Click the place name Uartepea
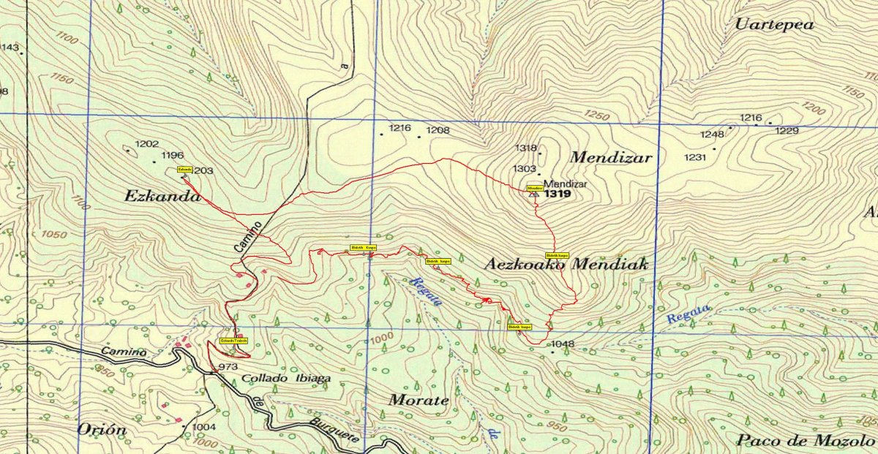[774, 24]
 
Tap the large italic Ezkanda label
[162, 196]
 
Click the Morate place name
[418, 400]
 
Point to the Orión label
[102, 429]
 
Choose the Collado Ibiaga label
[286, 379]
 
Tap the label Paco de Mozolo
[795, 440]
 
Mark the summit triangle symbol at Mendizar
[533, 195]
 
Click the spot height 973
[228, 366]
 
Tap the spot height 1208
[438, 130]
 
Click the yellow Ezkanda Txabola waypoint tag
[234, 341]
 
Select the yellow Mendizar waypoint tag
[534, 188]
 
